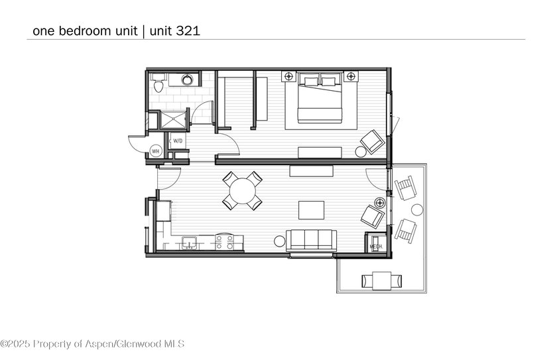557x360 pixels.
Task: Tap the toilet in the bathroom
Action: point(158,84)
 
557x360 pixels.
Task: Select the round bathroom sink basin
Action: point(188,80)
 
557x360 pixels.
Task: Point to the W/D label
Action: point(178,141)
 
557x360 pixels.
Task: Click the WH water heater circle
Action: point(156,151)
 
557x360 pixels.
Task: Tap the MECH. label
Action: point(375,247)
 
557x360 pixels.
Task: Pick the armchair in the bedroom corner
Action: point(372,141)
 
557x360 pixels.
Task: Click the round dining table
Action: point(242,191)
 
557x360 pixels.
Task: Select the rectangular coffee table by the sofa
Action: point(311,210)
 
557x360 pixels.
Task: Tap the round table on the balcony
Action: point(417,210)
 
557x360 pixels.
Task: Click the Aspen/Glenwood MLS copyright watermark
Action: point(93,343)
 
